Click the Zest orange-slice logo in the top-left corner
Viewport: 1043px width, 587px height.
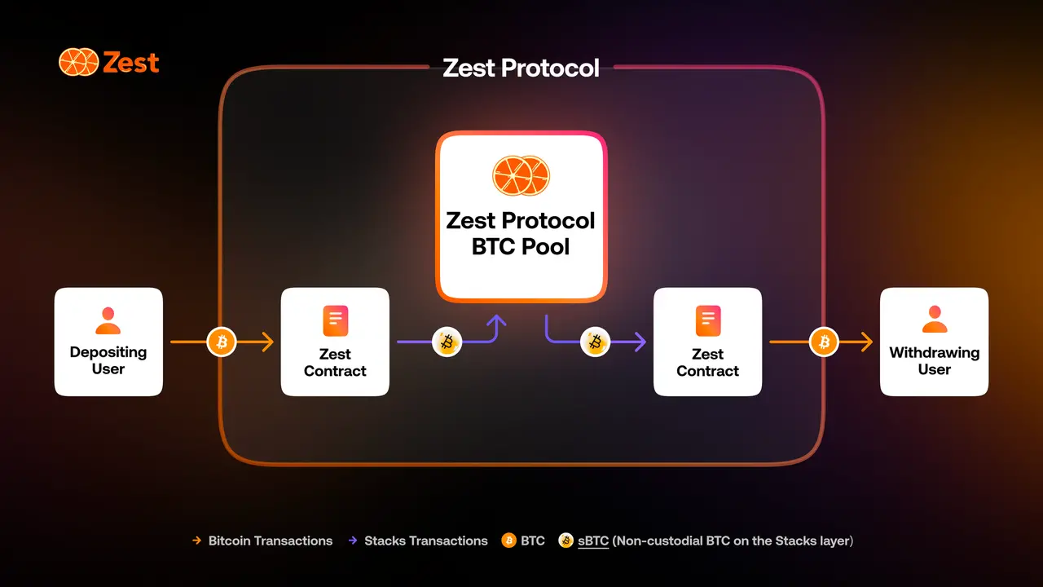coord(79,62)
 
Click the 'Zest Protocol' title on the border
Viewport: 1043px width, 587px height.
coord(521,68)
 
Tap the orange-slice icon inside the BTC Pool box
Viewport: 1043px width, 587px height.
coord(521,175)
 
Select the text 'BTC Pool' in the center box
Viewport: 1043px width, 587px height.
coord(521,246)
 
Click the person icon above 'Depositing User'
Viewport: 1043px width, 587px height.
coord(108,320)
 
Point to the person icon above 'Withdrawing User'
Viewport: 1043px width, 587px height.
coord(934,319)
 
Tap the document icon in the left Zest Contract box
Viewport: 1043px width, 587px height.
coord(335,320)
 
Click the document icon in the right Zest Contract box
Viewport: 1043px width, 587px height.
coord(708,320)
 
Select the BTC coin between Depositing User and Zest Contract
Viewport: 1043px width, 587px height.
coord(222,342)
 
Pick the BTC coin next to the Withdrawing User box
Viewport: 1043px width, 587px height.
coord(824,342)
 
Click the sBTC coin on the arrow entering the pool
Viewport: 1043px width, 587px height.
coord(447,342)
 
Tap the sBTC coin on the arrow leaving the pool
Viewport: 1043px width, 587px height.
coord(595,342)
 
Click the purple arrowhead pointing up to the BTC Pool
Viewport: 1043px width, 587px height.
coord(496,320)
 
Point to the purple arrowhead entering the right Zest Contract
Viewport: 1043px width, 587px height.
coord(640,342)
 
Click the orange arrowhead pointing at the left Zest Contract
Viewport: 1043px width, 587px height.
coord(268,342)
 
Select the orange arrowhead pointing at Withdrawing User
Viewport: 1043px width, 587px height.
coord(867,342)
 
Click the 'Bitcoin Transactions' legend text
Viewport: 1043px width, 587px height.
coord(270,541)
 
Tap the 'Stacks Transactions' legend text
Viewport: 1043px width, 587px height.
coord(426,541)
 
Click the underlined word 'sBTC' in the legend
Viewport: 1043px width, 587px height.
coord(593,541)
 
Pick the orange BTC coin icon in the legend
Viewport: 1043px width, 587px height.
coord(509,541)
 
